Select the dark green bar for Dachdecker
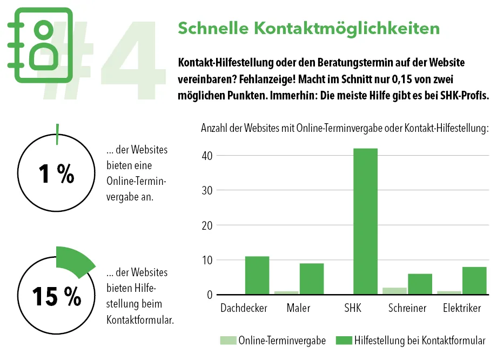257,275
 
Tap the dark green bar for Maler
312,279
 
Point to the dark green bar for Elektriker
474,281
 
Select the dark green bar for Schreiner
420,284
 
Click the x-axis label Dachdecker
244,309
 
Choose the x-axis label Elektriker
462,309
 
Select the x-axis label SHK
352,309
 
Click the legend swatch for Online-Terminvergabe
228,341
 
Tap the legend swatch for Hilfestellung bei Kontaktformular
344,341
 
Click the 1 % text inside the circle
56,174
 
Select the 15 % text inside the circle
56,296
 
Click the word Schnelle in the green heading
209,28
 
